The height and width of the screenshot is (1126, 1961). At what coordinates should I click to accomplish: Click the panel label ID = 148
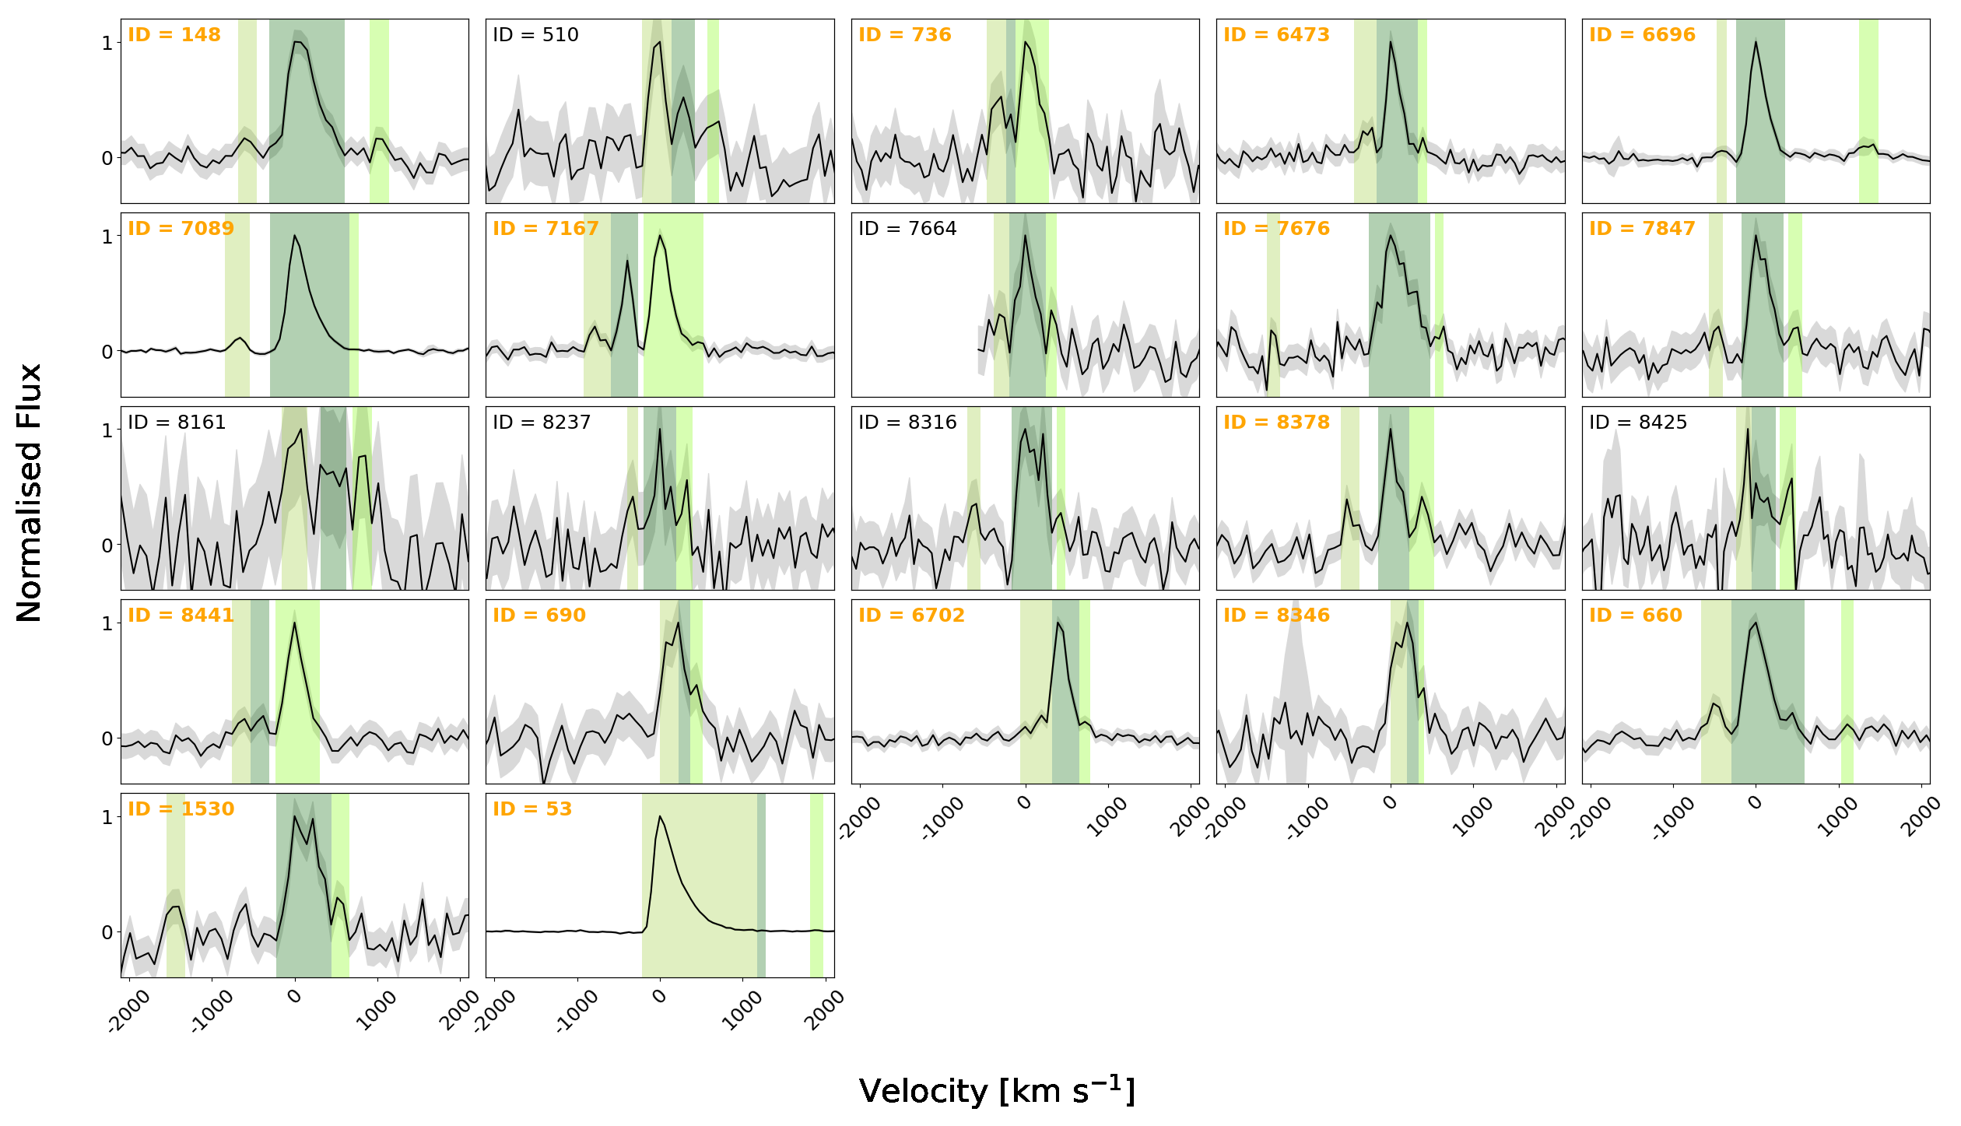click(174, 35)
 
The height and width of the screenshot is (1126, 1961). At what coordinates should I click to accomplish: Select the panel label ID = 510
click(535, 35)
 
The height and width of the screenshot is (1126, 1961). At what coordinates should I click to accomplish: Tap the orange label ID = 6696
click(1642, 35)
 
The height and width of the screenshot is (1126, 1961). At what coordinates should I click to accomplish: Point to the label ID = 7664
click(907, 229)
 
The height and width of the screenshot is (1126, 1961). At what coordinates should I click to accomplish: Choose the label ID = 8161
click(177, 423)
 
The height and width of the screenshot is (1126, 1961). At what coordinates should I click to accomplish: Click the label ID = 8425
click(1638, 423)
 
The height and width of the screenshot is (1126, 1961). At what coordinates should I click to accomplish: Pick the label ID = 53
click(532, 809)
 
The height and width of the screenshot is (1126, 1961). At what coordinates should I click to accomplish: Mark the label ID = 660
click(1636, 616)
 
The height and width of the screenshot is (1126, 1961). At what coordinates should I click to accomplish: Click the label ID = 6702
click(911, 616)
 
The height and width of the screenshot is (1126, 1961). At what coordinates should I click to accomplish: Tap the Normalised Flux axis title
click(30, 493)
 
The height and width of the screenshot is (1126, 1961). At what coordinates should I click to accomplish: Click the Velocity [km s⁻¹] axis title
click(997, 1090)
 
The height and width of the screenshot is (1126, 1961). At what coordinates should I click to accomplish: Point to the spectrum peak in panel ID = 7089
click(294, 235)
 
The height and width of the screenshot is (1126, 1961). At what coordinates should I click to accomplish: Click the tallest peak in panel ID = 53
click(660, 816)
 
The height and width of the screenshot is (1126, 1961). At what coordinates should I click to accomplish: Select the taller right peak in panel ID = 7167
click(660, 235)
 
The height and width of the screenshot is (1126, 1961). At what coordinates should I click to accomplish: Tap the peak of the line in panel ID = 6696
click(1756, 42)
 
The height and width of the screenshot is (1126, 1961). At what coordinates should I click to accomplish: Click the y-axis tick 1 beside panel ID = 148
click(107, 43)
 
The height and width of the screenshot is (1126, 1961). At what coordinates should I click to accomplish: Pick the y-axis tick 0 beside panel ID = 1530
click(107, 932)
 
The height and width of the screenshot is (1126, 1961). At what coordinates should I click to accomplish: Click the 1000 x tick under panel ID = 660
click(1838, 818)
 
